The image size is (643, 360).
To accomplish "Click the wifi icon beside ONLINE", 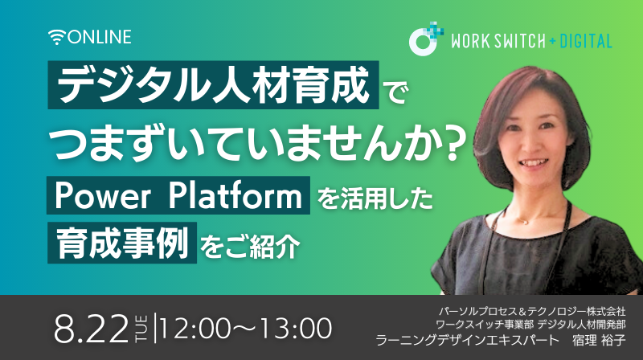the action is click(x=57, y=37).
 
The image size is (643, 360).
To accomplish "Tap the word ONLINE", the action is click(x=100, y=37).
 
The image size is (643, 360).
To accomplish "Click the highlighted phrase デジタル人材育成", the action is click(x=213, y=85).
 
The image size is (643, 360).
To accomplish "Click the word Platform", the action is click(x=235, y=195).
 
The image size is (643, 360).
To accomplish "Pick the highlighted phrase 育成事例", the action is click(x=122, y=243).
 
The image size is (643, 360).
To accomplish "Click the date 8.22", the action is click(x=91, y=329).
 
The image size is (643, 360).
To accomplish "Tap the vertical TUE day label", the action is click(x=139, y=329).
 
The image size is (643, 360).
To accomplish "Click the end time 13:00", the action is click(x=296, y=329).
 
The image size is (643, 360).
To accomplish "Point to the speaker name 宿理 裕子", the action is click(x=599, y=341).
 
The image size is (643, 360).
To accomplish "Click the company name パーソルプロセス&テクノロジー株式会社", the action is click(x=532, y=311).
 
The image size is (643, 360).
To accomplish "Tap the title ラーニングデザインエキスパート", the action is click(x=468, y=341).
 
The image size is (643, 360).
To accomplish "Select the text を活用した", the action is click(x=375, y=198).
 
